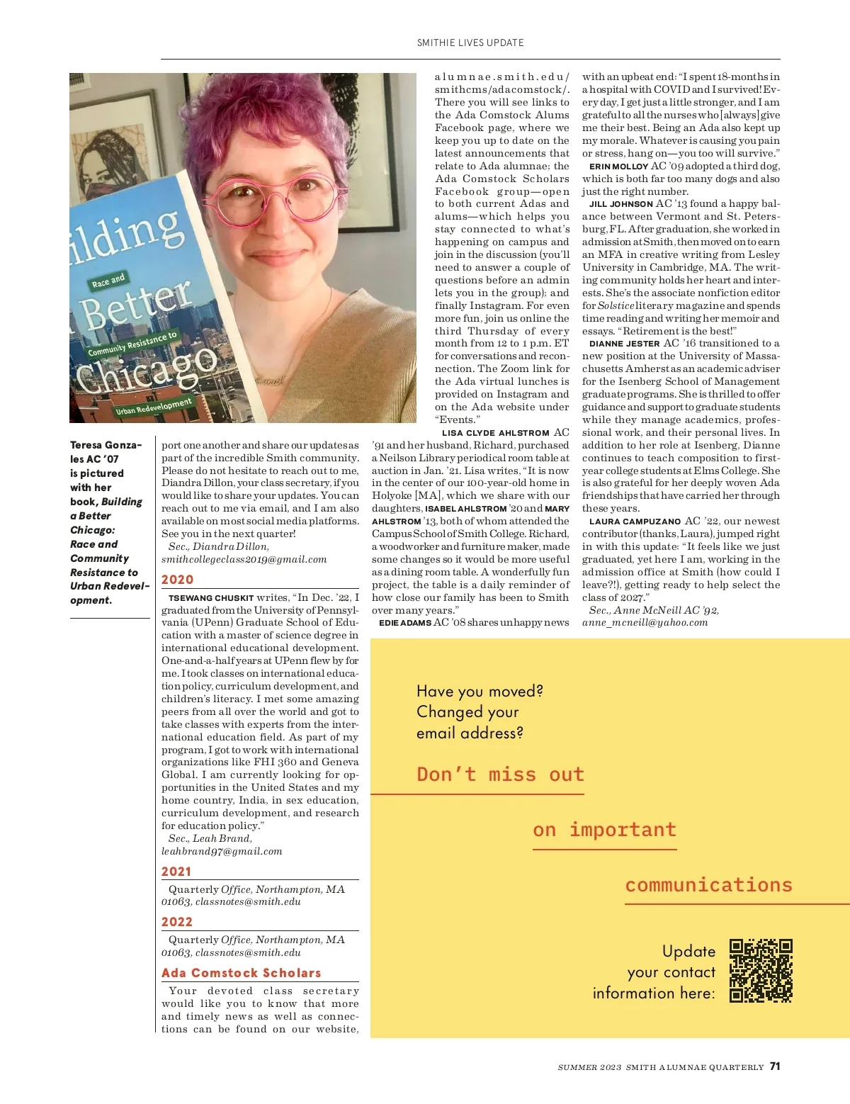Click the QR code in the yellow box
point(761,971)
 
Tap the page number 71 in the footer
point(775,1066)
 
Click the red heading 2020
point(177,580)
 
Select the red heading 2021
point(176,872)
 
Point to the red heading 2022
point(176,922)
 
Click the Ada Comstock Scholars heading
point(242,973)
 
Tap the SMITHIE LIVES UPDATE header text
point(470,43)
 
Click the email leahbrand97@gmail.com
point(222,851)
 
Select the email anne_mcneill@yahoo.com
point(645,622)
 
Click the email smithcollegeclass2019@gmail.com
point(244,559)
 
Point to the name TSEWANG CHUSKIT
point(211,598)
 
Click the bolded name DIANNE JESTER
point(624,344)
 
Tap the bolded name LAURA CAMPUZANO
point(635,522)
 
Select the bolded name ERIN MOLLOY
point(618,167)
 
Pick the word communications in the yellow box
point(708,884)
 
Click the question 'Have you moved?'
point(480,691)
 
